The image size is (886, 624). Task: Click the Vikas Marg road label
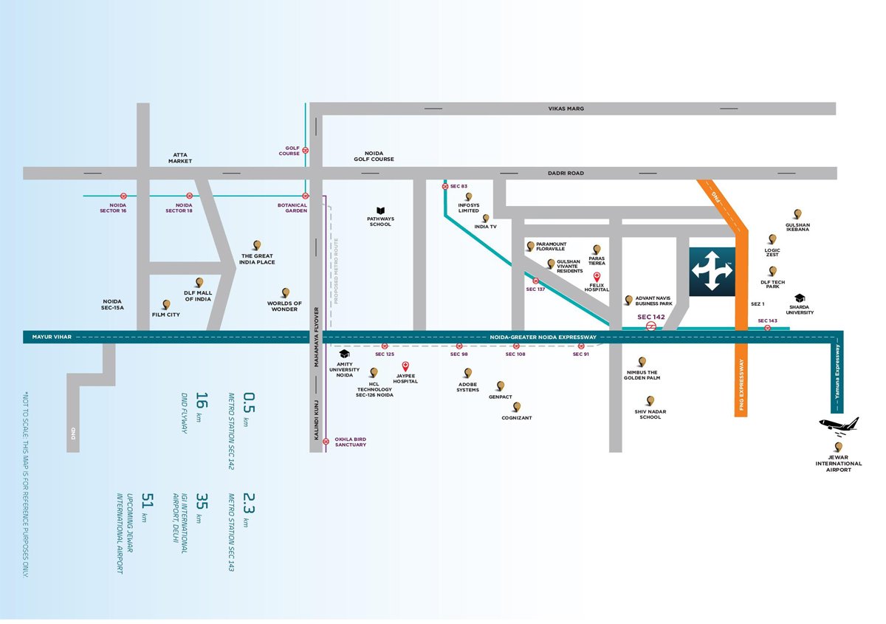tap(566, 109)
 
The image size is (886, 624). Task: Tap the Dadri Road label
tap(566, 174)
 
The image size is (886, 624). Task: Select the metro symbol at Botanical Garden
tap(306, 196)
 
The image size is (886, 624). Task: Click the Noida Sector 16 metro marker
tap(123, 196)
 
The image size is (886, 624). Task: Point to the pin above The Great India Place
tap(257, 245)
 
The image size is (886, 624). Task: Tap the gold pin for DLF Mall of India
tap(199, 283)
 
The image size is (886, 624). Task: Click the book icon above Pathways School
tap(380, 211)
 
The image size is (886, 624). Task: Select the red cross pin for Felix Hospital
tap(597, 277)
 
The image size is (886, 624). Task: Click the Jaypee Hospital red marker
tap(405, 366)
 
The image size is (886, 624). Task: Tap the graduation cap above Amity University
tap(345, 354)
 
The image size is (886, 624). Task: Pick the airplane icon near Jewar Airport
tap(839, 426)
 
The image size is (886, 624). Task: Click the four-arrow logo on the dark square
tap(712, 271)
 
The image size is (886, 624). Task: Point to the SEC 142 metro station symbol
tap(650, 326)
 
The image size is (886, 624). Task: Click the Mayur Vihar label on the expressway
tap(52, 337)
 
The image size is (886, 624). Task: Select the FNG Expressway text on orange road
tap(741, 385)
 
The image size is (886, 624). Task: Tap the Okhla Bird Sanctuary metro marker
tap(326, 442)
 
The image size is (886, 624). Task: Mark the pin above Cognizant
tap(517, 407)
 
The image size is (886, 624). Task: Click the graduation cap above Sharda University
tap(800, 298)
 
